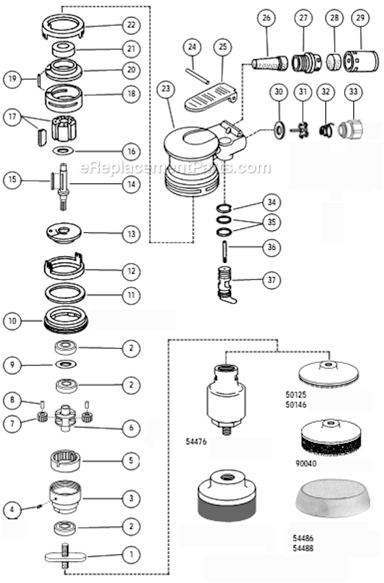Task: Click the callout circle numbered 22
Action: (x=131, y=25)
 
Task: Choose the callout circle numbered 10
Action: (x=12, y=320)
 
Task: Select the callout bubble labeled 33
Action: (x=354, y=92)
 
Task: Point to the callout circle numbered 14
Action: (x=131, y=184)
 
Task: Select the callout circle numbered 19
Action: (x=12, y=78)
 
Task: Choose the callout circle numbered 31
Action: (x=302, y=92)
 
